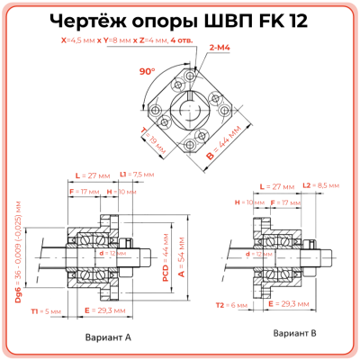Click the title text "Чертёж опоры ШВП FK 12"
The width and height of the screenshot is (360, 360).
[179, 22]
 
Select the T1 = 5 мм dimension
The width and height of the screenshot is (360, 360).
[44, 310]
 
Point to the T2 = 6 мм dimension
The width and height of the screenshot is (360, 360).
[221, 305]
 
